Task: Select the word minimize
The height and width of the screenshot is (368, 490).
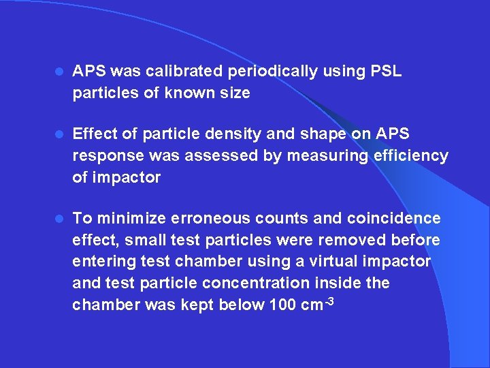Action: tap(128, 219)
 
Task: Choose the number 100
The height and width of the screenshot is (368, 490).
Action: tap(282, 305)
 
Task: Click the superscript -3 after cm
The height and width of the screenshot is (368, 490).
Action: tap(329, 300)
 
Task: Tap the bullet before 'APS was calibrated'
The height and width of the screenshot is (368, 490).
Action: tap(59, 72)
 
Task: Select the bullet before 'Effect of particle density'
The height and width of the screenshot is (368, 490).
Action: tap(59, 135)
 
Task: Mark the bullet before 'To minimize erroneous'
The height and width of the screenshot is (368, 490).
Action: tap(59, 219)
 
